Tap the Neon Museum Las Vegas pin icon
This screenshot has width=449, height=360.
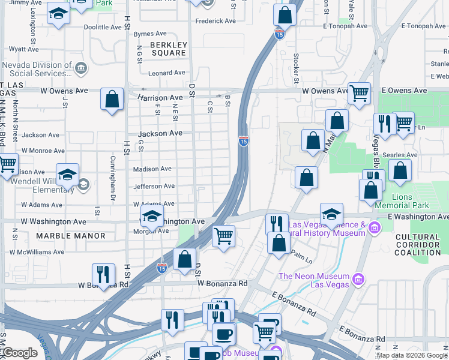tap(358, 279)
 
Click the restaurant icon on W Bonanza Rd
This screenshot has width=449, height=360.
tap(103, 275)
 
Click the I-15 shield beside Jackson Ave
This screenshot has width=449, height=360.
tap(243, 140)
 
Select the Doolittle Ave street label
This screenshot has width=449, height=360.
tap(103, 27)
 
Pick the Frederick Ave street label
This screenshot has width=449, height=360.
tap(215, 21)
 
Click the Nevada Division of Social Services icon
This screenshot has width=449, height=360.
tap(80, 71)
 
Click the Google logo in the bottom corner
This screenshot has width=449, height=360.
tap(20, 353)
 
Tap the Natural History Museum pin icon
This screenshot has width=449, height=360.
tap(375, 227)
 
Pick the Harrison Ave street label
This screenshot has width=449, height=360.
tap(160, 97)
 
